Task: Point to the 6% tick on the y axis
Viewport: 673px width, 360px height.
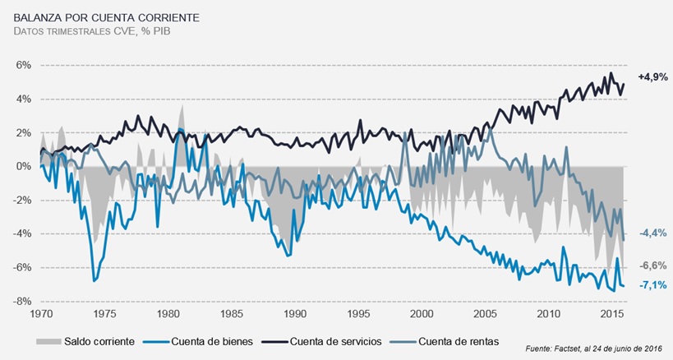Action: coord(23,65)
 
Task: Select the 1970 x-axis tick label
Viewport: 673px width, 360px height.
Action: coord(41,315)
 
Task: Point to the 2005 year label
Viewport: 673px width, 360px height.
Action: coord(484,315)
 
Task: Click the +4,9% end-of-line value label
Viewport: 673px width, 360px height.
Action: coord(652,76)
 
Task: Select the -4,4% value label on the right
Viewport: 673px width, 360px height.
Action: coord(652,233)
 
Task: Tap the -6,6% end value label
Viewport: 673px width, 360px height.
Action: coord(652,265)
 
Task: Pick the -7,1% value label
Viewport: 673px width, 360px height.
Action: coord(652,285)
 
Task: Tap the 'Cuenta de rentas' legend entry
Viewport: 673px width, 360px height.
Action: coord(456,340)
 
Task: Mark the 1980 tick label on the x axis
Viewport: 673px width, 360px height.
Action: coord(168,315)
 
